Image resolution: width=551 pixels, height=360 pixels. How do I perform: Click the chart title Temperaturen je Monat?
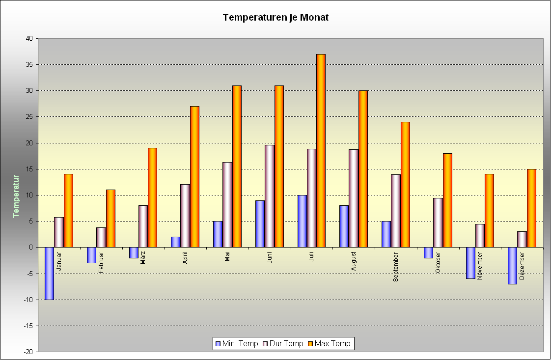(x=275, y=18)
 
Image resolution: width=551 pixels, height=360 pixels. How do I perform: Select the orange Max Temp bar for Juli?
(x=321, y=150)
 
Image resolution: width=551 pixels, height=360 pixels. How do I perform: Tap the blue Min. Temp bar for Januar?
(x=49, y=273)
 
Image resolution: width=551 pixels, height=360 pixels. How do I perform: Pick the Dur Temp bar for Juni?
(x=270, y=196)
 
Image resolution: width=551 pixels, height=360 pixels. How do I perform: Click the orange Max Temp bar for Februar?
(x=110, y=218)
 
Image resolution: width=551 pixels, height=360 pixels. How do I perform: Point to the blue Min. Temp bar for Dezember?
(x=512, y=265)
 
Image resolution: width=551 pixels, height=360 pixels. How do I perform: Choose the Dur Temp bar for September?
(x=396, y=211)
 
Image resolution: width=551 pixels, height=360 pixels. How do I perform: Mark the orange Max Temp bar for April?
(x=194, y=176)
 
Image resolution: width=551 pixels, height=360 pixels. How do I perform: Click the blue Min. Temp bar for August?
(x=344, y=226)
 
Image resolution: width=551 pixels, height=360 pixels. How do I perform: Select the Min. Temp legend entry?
(x=236, y=344)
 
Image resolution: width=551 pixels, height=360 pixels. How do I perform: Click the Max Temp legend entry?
(x=329, y=344)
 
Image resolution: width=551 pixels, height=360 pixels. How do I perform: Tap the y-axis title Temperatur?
(x=16, y=195)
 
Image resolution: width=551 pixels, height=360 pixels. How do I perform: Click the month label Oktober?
(x=438, y=262)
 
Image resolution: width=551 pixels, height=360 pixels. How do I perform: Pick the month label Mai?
(x=227, y=256)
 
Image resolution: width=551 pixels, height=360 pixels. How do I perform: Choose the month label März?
(x=143, y=257)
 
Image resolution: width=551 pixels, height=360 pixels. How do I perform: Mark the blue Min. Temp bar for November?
(x=470, y=263)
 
